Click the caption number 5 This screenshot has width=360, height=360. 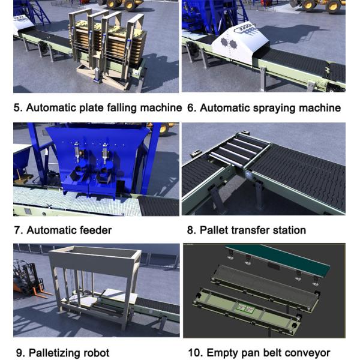(x=18, y=107)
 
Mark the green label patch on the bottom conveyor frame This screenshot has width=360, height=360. (x=245, y=308)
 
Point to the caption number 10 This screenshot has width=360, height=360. (x=196, y=353)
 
